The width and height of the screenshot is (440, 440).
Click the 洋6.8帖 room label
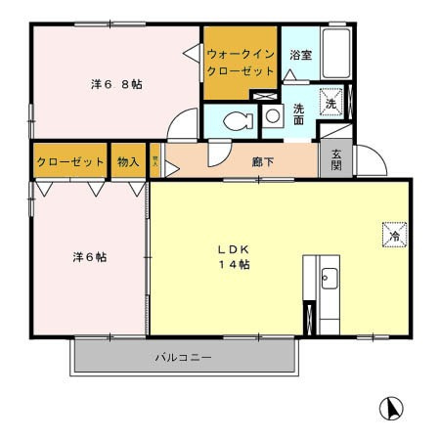(x=116, y=85)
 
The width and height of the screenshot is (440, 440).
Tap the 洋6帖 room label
(x=89, y=257)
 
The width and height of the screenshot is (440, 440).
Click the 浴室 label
(x=300, y=56)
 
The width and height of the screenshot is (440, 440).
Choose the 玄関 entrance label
(x=335, y=158)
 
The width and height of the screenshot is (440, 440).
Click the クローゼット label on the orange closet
(x=69, y=161)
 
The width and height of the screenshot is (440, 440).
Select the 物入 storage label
(x=127, y=161)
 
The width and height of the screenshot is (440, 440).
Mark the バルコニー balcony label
(x=183, y=358)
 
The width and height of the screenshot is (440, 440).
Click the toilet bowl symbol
(x=236, y=121)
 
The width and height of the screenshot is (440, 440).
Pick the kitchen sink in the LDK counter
(x=328, y=278)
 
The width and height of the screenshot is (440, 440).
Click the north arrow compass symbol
(x=390, y=408)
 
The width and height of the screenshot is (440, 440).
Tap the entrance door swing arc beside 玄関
(x=366, y=162)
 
